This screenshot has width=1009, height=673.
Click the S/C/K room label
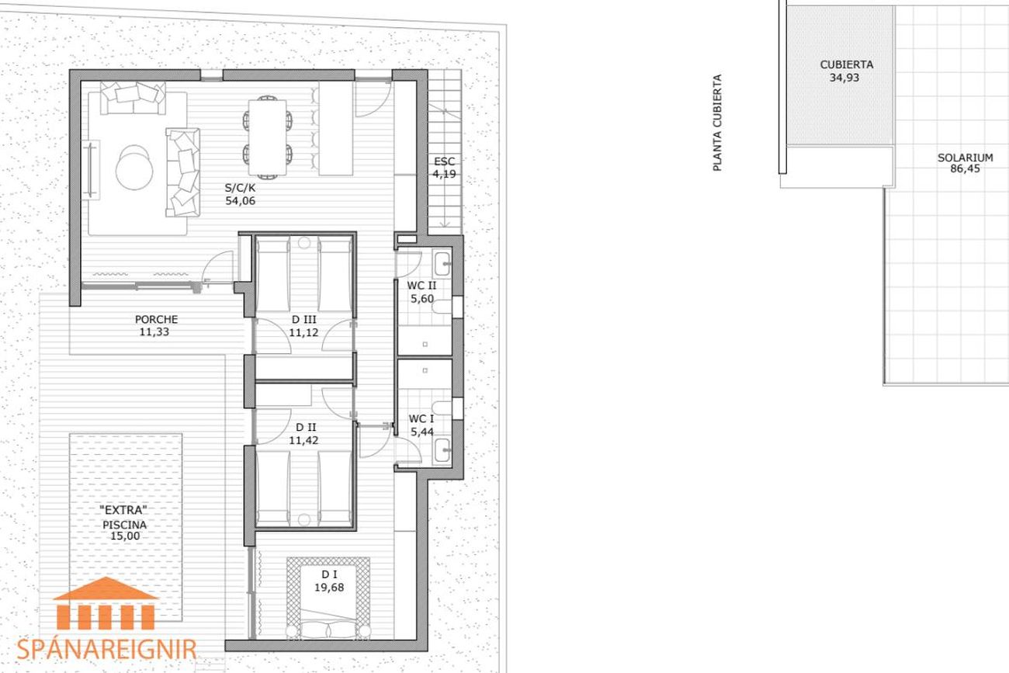pyautogui.click(x=240, y=188)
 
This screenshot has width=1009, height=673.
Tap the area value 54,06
pyautogui.click(x=240, y=201)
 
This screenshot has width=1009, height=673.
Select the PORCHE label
pyautogui.click(x=156, y=319)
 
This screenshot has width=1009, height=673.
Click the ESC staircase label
pyautogui.click(x=444, y=161)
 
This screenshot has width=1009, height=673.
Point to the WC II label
pyautogui.click(x=421, y=286)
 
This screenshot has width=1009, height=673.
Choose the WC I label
pyautogui.click(x=421, y=419)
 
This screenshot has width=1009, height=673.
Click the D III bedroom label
pyautogui.click(x=304, y=319)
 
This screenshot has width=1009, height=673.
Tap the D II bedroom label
pyautogui.click(x=306, y=427)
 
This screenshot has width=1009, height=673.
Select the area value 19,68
pyautogui.click(x=329, y=588)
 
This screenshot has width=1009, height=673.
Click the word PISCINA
pyautogui.click(x=125, y=525)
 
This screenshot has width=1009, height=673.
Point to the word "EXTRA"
pyautogui.click(x=123, y=510)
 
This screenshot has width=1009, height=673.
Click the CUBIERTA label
pyautogui.click(x=846, y=65)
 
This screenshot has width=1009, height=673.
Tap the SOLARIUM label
pyautogui.click(x=966, y=158)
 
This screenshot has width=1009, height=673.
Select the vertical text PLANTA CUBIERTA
pyautogui.click(x=717, y=123)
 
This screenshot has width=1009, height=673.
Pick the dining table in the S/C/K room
pyautogui.click(x=268, y=137)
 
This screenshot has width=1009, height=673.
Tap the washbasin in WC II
pyautogui.click(x=442, y=263)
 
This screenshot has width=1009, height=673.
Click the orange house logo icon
pyautogui.click(x=106, y=603)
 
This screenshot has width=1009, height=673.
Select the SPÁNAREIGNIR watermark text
pyautogui.click(x=106, y=650)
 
